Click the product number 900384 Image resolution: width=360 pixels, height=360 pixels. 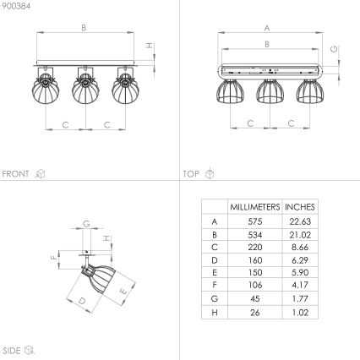click(16, 6)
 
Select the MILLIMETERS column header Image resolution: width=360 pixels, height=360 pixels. click(254, 205)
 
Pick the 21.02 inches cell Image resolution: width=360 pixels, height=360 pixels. click(299, 233)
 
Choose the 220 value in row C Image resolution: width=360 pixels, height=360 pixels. click(254, 246)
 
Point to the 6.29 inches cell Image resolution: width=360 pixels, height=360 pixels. click(299, 259)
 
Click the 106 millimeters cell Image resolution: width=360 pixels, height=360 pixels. click(254, 286)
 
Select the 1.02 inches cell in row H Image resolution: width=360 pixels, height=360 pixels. click(299, 313)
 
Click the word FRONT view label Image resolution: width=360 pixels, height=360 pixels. click(16, 173)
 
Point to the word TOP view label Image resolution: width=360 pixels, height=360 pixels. click(192, 173)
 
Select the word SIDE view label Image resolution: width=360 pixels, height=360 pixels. click(12, 349)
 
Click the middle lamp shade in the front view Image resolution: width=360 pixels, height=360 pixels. click(84, 90)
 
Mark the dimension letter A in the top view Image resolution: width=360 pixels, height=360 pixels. click(267, 26)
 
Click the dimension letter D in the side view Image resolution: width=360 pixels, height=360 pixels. click(83, 300)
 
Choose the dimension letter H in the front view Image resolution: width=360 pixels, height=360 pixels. click(148, 46)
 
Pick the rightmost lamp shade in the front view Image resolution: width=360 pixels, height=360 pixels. click(123, 90)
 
